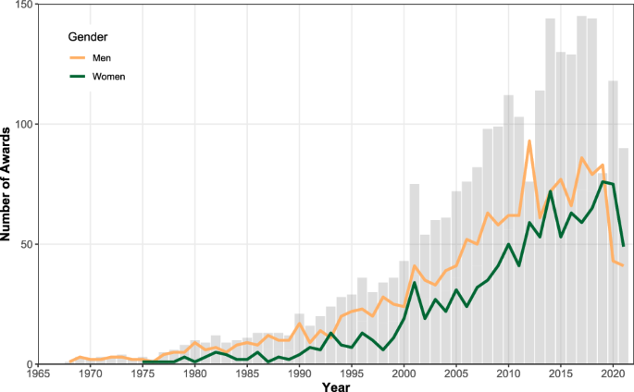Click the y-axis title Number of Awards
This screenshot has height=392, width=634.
(8, 185)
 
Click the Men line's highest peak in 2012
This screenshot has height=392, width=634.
(528, 141)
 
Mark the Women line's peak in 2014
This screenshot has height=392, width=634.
(550, 191)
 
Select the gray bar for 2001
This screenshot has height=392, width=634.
(414, 277)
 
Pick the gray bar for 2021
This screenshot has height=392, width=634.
(623, 259)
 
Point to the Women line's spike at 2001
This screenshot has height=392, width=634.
(414, 283)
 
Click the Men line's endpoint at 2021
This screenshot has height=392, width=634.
(623, 266)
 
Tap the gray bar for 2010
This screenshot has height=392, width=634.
(508, 231)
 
